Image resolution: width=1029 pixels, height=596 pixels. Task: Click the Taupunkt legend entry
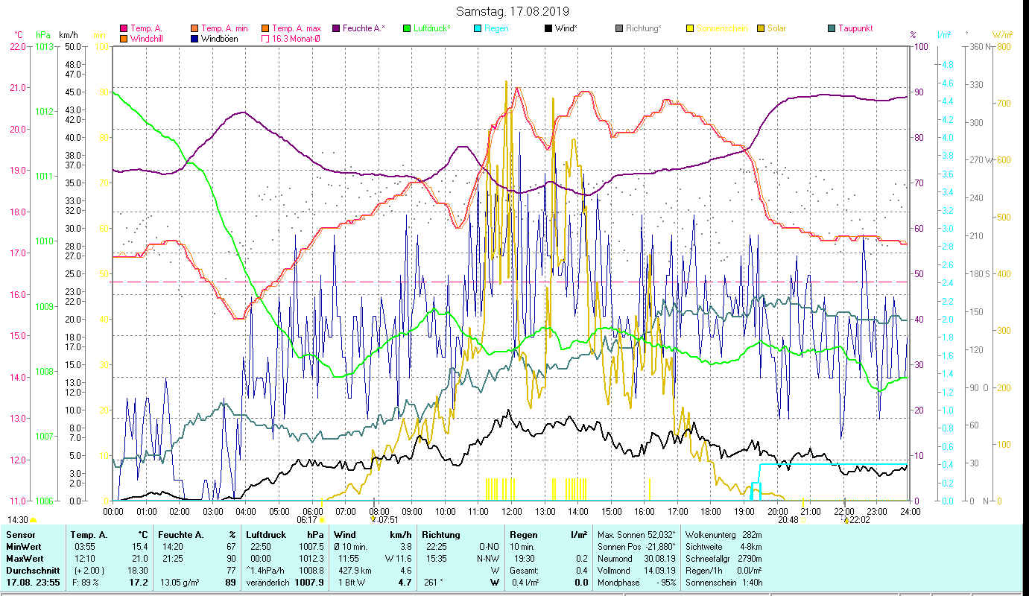855,28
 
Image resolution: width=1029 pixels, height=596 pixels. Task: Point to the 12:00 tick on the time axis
512,512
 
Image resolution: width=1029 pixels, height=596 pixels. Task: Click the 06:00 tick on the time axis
312,512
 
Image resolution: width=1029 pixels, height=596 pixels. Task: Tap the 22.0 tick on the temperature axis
18,46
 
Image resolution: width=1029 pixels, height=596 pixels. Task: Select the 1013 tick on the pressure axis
45,46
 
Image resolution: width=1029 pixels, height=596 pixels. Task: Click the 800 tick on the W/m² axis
1003,46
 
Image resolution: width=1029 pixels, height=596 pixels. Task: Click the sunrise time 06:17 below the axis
307,520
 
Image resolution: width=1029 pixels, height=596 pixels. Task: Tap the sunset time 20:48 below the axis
788,520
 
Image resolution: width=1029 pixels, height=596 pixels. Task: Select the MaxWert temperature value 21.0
139,558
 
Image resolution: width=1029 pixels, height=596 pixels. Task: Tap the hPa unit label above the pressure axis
43,35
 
